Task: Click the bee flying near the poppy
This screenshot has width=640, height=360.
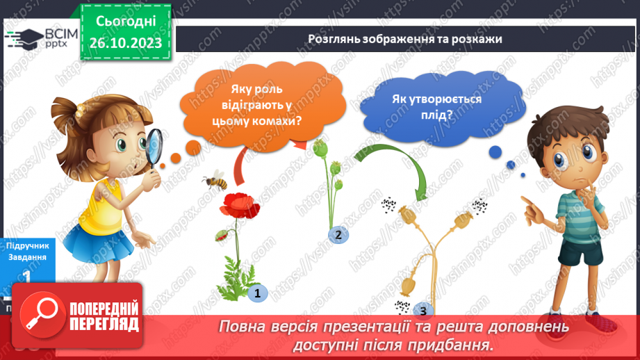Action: coord(215,181)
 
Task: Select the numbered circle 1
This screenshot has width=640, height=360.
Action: coord(257,293)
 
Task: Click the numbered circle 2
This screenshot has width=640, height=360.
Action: coord(338,235)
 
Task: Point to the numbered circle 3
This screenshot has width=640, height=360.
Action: coord(422,311)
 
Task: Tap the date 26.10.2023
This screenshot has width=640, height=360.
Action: coord(125,43)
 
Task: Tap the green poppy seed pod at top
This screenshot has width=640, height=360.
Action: coord(320,147)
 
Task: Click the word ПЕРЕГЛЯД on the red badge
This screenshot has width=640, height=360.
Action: coord(104,325)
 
